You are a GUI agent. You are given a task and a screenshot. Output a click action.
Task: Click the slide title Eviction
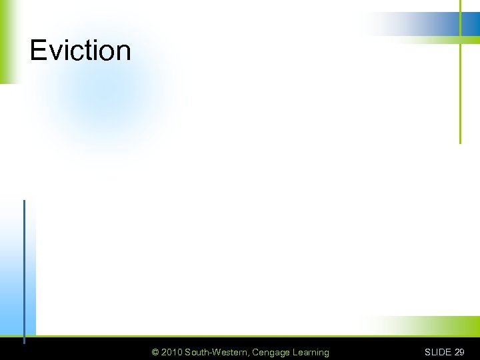click(x=80, y=51)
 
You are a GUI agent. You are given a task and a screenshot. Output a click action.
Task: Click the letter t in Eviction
click(x=83, y=51)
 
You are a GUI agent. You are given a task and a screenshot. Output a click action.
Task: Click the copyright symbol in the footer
click(x=155, y=352)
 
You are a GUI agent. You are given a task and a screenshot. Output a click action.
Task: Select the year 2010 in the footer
click(x=171, y=352)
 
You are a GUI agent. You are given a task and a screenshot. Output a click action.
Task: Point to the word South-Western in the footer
click(x=217, y=352)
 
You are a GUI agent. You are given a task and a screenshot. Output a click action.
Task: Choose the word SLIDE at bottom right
click(x=438, y=352)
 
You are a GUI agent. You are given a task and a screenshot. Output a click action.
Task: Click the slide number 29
click(x=459, y=352)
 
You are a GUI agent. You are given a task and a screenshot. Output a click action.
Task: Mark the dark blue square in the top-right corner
click(x=471, y=24)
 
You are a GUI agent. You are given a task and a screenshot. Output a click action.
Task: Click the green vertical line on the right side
click(x=460, y=93)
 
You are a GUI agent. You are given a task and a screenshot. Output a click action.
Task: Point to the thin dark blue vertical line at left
click(x=24, y=267)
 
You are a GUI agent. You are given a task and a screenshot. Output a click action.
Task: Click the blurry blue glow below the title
click(x=100, y=93)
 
